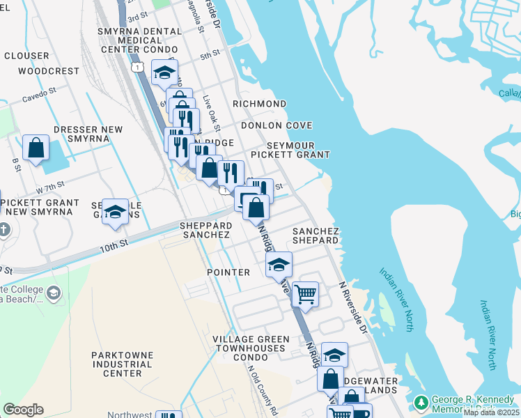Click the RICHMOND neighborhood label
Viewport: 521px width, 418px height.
(259, 104)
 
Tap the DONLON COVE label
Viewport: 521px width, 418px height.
(277, 125)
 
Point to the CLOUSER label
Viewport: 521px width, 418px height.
(26, 56)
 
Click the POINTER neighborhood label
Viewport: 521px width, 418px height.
(228, 272)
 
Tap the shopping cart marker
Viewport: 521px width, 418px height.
(305, 294)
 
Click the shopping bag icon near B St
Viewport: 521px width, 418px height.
(36, 147)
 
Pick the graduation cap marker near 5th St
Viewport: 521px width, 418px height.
(164, 72)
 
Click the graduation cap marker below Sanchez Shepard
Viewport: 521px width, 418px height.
(279, 264)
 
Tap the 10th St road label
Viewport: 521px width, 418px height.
(114, 245)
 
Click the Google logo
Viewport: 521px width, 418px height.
(23, 410)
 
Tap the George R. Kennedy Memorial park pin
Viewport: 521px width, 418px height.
(421, 403)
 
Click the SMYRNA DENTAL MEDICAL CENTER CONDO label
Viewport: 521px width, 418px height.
(141, 40)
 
